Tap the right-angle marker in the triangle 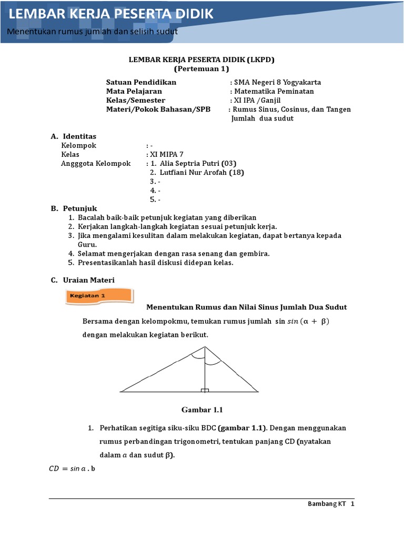(x=205, y=390)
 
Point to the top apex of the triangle (x=205, y=347)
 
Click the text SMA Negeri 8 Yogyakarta (x=277, y=82)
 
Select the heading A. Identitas (x=74, y=136)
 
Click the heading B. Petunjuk (x=74, y=208)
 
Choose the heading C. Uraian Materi (x=83, y=280)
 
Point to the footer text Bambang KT (x=326, y=504)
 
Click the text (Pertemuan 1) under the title (x=201, y=68)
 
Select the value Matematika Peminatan (x=274, y=91)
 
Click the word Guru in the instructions (x=87, y=245)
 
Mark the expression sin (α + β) (x=311, y=321)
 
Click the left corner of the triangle (x=122, y=392)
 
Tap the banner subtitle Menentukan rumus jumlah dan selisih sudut (x=92, y=31)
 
